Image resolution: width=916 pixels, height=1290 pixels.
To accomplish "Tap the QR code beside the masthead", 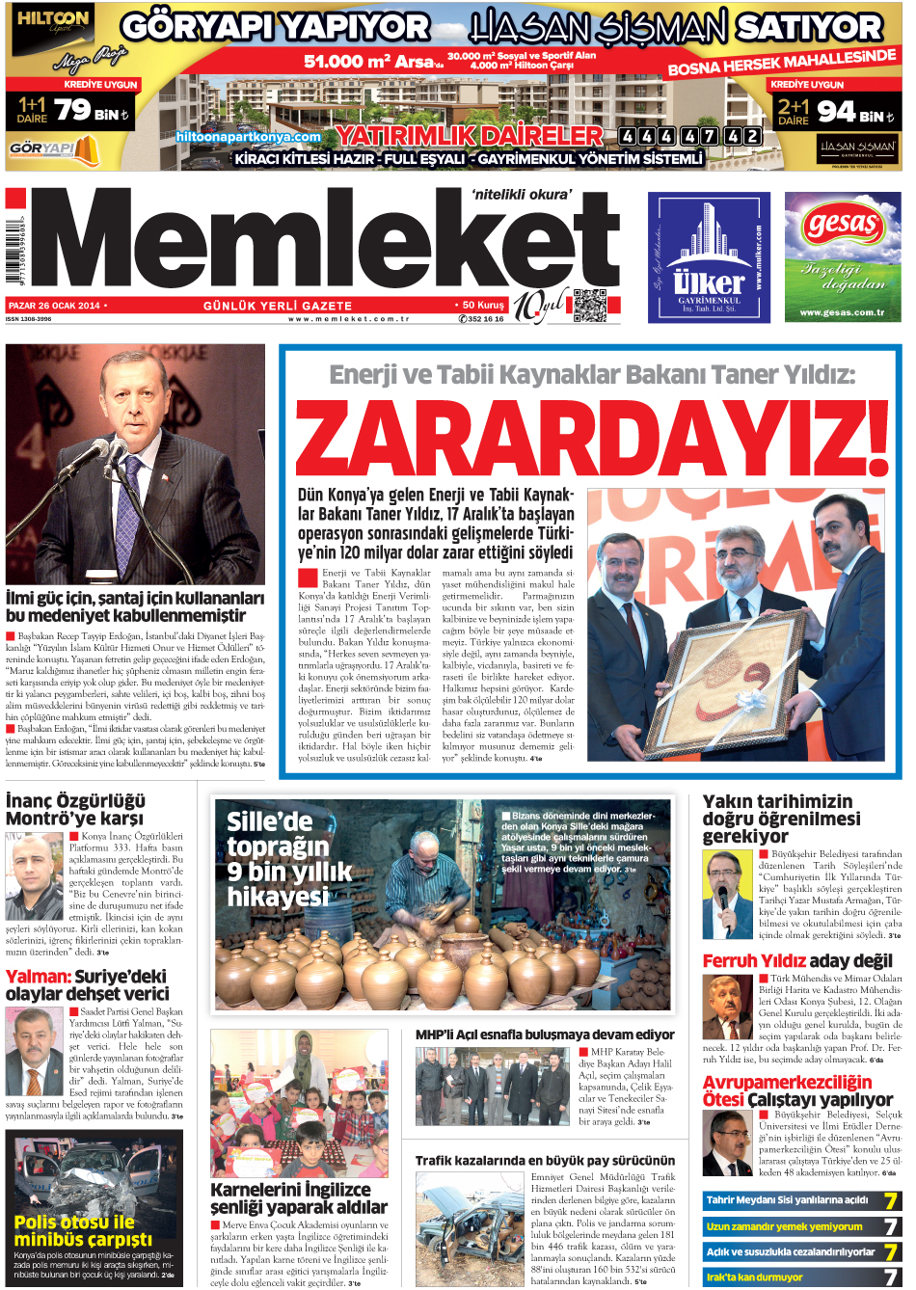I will [590, 305].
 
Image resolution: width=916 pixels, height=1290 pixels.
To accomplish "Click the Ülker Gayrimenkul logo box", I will [709, 257].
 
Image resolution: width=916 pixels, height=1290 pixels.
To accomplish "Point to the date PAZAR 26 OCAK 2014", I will [54, 306].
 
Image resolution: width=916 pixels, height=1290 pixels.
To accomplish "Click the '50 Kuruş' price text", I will [483, 305].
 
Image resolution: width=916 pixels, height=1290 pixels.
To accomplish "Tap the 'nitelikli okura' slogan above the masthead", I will [522, 195].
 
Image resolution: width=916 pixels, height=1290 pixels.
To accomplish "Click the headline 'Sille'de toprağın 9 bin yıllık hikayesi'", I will [288, 859].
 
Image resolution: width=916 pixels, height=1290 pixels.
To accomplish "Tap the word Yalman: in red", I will [38, 977].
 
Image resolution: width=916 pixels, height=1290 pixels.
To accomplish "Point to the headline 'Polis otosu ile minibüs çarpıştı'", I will [83, 1230].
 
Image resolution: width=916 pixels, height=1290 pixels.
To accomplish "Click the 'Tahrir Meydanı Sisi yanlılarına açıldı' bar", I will [788, 1200].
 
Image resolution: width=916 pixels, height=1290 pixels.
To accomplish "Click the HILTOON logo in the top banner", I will [53, 19].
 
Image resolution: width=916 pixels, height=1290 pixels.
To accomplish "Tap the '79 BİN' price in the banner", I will [91, 112].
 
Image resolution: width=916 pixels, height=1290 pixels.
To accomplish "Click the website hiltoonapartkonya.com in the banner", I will [248, 137].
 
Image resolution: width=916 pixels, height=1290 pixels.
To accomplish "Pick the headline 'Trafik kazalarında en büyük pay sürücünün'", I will [545, 1161].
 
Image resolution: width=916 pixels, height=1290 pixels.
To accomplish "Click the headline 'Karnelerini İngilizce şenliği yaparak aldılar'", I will [299, 1198].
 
